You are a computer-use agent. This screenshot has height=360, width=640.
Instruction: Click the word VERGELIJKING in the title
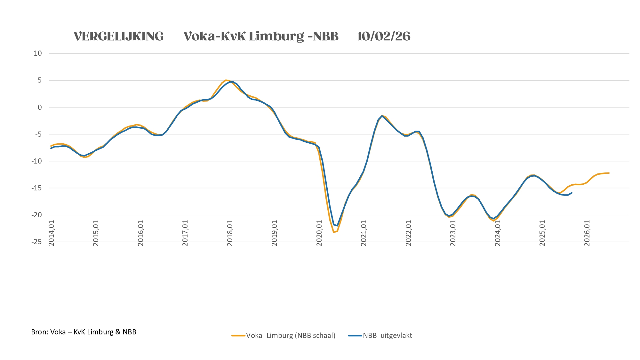point(118,36)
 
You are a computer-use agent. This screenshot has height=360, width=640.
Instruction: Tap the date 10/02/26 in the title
point(384,36)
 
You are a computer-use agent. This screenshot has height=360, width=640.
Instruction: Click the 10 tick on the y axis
point(38,53)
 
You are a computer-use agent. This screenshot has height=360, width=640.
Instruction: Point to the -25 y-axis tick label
point(36,242)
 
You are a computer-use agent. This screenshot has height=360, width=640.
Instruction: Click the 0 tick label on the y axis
point(40,108)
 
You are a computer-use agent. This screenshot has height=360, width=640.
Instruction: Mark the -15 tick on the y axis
point(36,188)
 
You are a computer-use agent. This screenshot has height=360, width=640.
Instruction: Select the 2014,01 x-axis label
point(52,233)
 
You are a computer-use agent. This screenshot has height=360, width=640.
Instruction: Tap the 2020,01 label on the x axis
point(319,233)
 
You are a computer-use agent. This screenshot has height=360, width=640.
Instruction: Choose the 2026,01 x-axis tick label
point(587,233)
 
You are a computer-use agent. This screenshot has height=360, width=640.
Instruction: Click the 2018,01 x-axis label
point(230,233)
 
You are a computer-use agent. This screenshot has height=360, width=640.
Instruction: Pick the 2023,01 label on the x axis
point(453,233)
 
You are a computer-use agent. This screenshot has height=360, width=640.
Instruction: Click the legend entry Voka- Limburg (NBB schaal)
point(284,336)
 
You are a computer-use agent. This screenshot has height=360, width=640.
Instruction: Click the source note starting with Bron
point(84,332)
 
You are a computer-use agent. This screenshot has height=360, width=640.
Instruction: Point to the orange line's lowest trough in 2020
point(334,232)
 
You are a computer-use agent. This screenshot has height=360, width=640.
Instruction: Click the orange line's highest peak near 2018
point(226,80)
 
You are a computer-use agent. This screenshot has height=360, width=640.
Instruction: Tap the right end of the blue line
point(572,193)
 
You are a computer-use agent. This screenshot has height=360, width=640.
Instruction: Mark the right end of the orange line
point(609,173)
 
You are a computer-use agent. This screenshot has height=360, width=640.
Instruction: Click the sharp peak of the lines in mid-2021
point(382,116)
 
